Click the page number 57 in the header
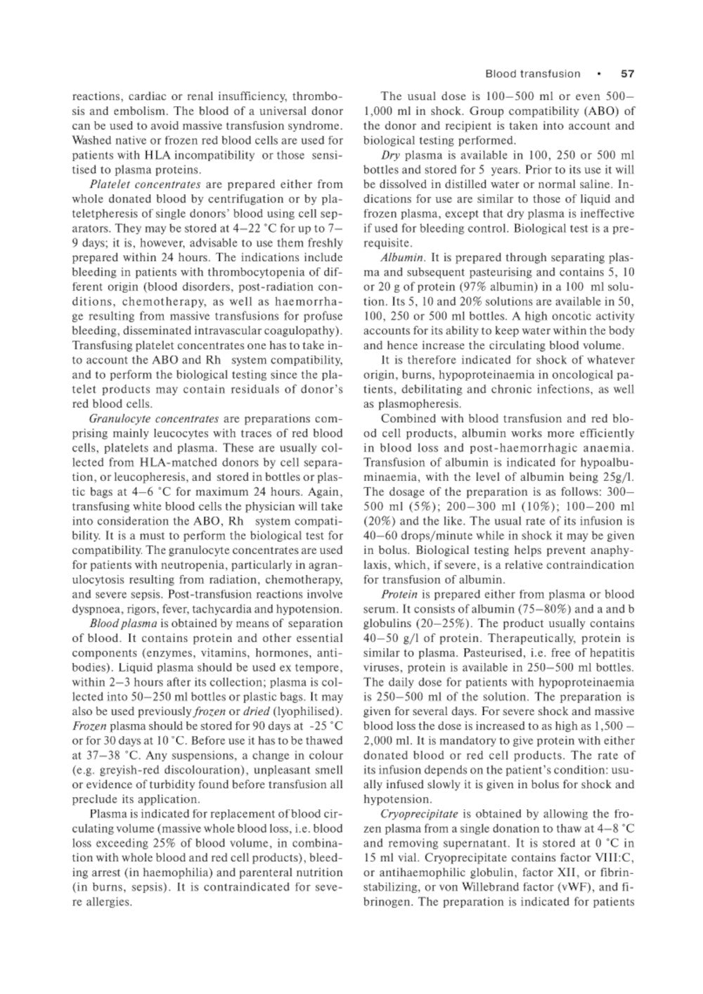(x=627, y=74)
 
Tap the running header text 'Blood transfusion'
(x=533, y=74)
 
